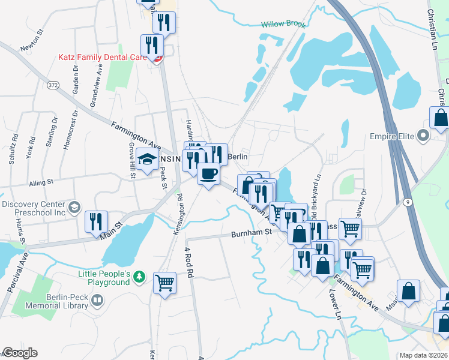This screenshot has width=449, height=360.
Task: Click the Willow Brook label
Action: point(283,25)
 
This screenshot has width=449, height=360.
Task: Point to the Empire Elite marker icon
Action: point(424,136)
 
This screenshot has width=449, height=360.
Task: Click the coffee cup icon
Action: point(208,174)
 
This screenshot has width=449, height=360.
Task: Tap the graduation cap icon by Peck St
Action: point(146,160)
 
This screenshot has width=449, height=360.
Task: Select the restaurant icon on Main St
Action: point(96,222)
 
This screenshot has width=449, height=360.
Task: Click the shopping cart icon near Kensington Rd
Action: point(164,282)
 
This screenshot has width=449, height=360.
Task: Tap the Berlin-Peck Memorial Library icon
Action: point(97,299)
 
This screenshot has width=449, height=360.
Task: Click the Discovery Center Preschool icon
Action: point(74,208)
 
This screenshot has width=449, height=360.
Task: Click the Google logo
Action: point(20,353)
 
